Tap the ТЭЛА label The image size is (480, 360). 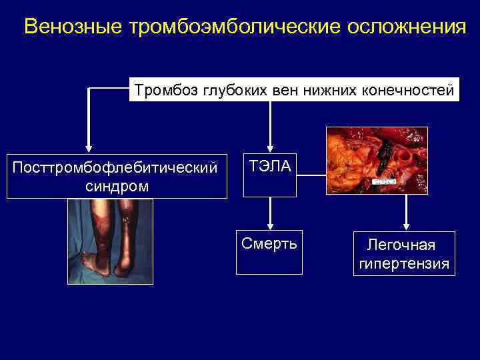pos(270,167)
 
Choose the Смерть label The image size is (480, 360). pos(270,240)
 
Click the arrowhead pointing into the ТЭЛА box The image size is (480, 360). pos(270,149)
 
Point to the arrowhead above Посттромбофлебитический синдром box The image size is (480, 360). pos(89,149)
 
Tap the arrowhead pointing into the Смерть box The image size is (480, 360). pos(270,225)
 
